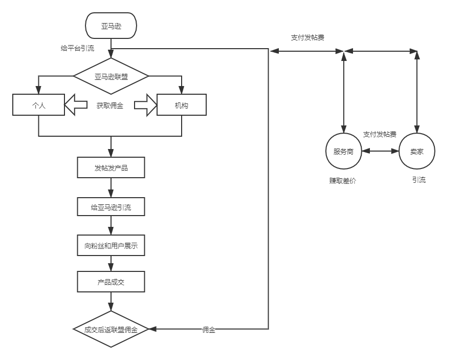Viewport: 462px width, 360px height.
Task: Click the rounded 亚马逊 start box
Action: [x=111, y=26]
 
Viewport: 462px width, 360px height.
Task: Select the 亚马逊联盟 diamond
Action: [x=111, y=77]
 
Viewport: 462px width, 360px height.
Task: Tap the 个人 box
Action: [x=39, y=105]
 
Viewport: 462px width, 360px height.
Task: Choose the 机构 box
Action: [x=181, y=105]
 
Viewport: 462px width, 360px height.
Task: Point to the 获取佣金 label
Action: [x=109, y=105]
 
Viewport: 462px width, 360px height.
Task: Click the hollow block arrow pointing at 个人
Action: [x=76, y=105]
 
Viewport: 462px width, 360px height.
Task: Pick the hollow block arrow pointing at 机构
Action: [x=145, y=105]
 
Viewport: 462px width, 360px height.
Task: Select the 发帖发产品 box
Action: [x=111, y=167]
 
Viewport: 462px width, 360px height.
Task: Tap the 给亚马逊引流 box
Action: [x=111, y=207]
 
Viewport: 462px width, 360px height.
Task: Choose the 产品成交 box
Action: [x=111, y=282]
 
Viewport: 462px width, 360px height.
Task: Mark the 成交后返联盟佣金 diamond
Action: [x=111, y=329]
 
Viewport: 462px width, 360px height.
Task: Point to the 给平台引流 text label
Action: [x=77, y=49]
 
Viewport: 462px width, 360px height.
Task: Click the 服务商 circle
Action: [x=344, y=151]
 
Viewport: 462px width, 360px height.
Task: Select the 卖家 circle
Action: [x=416, y=151]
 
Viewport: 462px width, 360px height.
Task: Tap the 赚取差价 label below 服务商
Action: [x=342, y=181]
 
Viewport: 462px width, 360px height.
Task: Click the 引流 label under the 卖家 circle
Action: [x=419, y=180]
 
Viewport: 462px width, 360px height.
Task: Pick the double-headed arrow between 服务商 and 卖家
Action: [x=380, y=151]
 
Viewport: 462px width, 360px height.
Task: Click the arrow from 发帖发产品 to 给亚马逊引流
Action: [x=111, y=187]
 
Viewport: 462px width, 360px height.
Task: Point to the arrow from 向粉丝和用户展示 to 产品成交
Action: [x=111, y=264]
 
